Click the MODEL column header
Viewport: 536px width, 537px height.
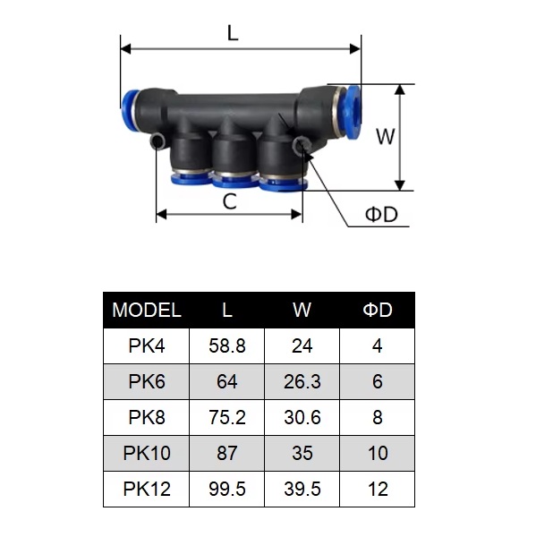(x=147, y=311)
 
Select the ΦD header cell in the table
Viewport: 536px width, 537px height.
(x=378, y=311)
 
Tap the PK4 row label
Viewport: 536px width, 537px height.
(x=147, y=345)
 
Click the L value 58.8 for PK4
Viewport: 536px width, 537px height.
(x=227, y=345)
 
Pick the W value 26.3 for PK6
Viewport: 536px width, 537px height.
(x=302, y=381)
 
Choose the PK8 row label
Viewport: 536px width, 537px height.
(x=147, y=417)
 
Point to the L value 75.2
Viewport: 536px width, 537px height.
(x=227, y=417)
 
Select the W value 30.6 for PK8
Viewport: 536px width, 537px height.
(x=302, y=417)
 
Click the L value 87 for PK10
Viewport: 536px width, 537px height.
(x=227, y=453)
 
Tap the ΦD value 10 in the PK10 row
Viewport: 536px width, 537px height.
(x=378, y=453)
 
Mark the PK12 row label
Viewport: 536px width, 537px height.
(x=147, y=489)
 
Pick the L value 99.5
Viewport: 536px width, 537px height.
(x=227, y=489)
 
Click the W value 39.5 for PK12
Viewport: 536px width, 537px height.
(x=302, y=489)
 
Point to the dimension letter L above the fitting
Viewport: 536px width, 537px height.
(x=233, y=34)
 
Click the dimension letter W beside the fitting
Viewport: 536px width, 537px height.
(x=385, y=137)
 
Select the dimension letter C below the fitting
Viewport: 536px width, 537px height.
(x=230, y=201)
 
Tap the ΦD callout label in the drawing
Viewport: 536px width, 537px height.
(x=381, y=215)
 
